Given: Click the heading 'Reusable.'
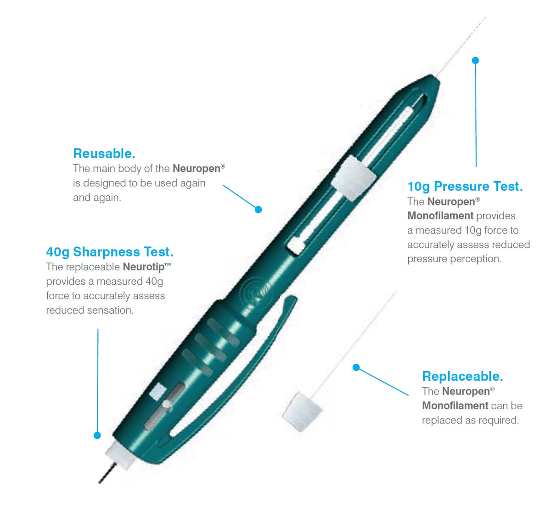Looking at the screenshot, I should pyautogui.click(x=104, y=153).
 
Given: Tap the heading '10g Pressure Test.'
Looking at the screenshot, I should pyautogui.click(x=465, y=186).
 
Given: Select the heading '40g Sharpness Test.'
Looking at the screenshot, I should pyautogui.click(x=109, y=252).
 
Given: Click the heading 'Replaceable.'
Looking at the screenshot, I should pyautogui.click(x=462, y=376).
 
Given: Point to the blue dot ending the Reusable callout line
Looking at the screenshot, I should pyautogui.click(x=258, y=210).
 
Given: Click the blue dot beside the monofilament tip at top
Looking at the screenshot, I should pyautogui.click(x=475, y=60).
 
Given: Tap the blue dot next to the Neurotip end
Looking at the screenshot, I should pyautogui.click(x=97, y=435).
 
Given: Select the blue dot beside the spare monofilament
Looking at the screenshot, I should pyautogui.click(x=356, y=367).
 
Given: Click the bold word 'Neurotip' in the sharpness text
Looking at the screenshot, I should pyautogui.click(x=144, y=267).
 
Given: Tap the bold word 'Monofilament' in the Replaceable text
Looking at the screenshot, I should pyautogui.click(x=455, y=406).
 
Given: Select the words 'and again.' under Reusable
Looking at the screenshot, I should pyautogui.click(x=97, y=198).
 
